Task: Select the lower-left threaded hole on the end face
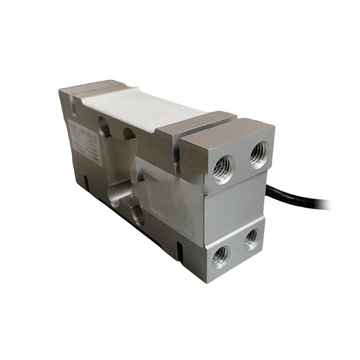[x=220, y=256]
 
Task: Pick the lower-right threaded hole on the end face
[x=252, y=239]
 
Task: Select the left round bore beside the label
[x=102, y=126]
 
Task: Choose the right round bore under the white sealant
[x=128, y=135]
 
